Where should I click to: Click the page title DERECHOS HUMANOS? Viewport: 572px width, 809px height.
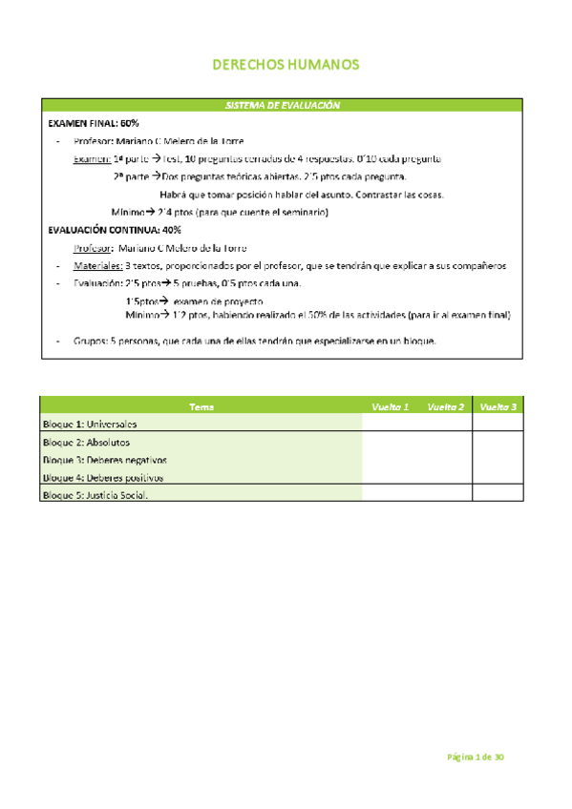click(x=285, y=65)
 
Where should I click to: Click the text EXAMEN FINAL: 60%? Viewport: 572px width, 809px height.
click(x=94, y=124)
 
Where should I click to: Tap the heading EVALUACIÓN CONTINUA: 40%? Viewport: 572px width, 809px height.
click(x=115, y=230)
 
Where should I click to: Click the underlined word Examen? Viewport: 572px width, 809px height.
click(x=92, y=159)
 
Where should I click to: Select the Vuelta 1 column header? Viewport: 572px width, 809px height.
click(x=390, y=406)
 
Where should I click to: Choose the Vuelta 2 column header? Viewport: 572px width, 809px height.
click(x=446, y=406)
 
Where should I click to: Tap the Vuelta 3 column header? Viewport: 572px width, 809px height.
click(x=498, y=406)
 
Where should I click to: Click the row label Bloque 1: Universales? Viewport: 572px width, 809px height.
click(x=90, y=424)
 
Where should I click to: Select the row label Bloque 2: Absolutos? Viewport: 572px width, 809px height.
click(x=86, y=443)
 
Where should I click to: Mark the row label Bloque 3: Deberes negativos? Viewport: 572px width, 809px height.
click(x=105, y=460)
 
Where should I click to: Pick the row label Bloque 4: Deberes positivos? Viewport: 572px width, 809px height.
click(x=103, y=477)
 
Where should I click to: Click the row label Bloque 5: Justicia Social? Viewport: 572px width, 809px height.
click(x=96, y=495)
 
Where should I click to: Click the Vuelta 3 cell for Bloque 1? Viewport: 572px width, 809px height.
click(x=498, y=424)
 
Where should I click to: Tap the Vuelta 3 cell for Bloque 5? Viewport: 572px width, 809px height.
click(x=498, y=495)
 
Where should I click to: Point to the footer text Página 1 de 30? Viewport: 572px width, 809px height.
click(x=476, y=757)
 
